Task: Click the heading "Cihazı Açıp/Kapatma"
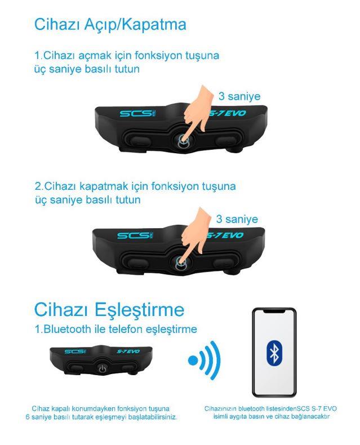click(x=110, y=25)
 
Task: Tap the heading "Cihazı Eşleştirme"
click(x=109, y=310)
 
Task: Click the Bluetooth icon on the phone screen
click(x=274, y=354)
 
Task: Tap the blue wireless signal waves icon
click(x=205, y=361)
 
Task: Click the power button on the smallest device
click(x=103, y=368)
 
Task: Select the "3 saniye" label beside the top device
click(x=239, y=96)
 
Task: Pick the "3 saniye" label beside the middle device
click(x=237, y=219)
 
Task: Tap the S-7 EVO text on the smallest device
click(x=128, y=351)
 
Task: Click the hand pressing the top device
click(x=197, y=110)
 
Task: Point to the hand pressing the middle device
click(x=195, y=233)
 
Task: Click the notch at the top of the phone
click(x=274, y=311)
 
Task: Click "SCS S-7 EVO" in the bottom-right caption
click(x=317, y=409)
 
